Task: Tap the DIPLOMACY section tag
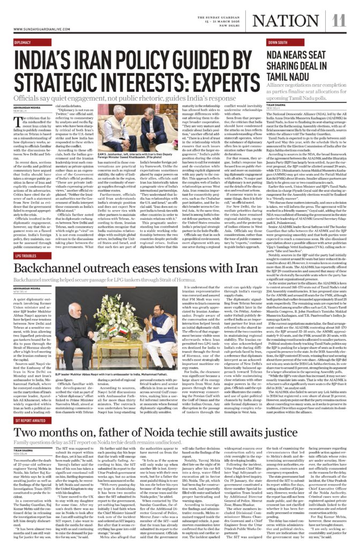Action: [x=22, y=42]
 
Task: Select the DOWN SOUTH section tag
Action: [x=279, y=42]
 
